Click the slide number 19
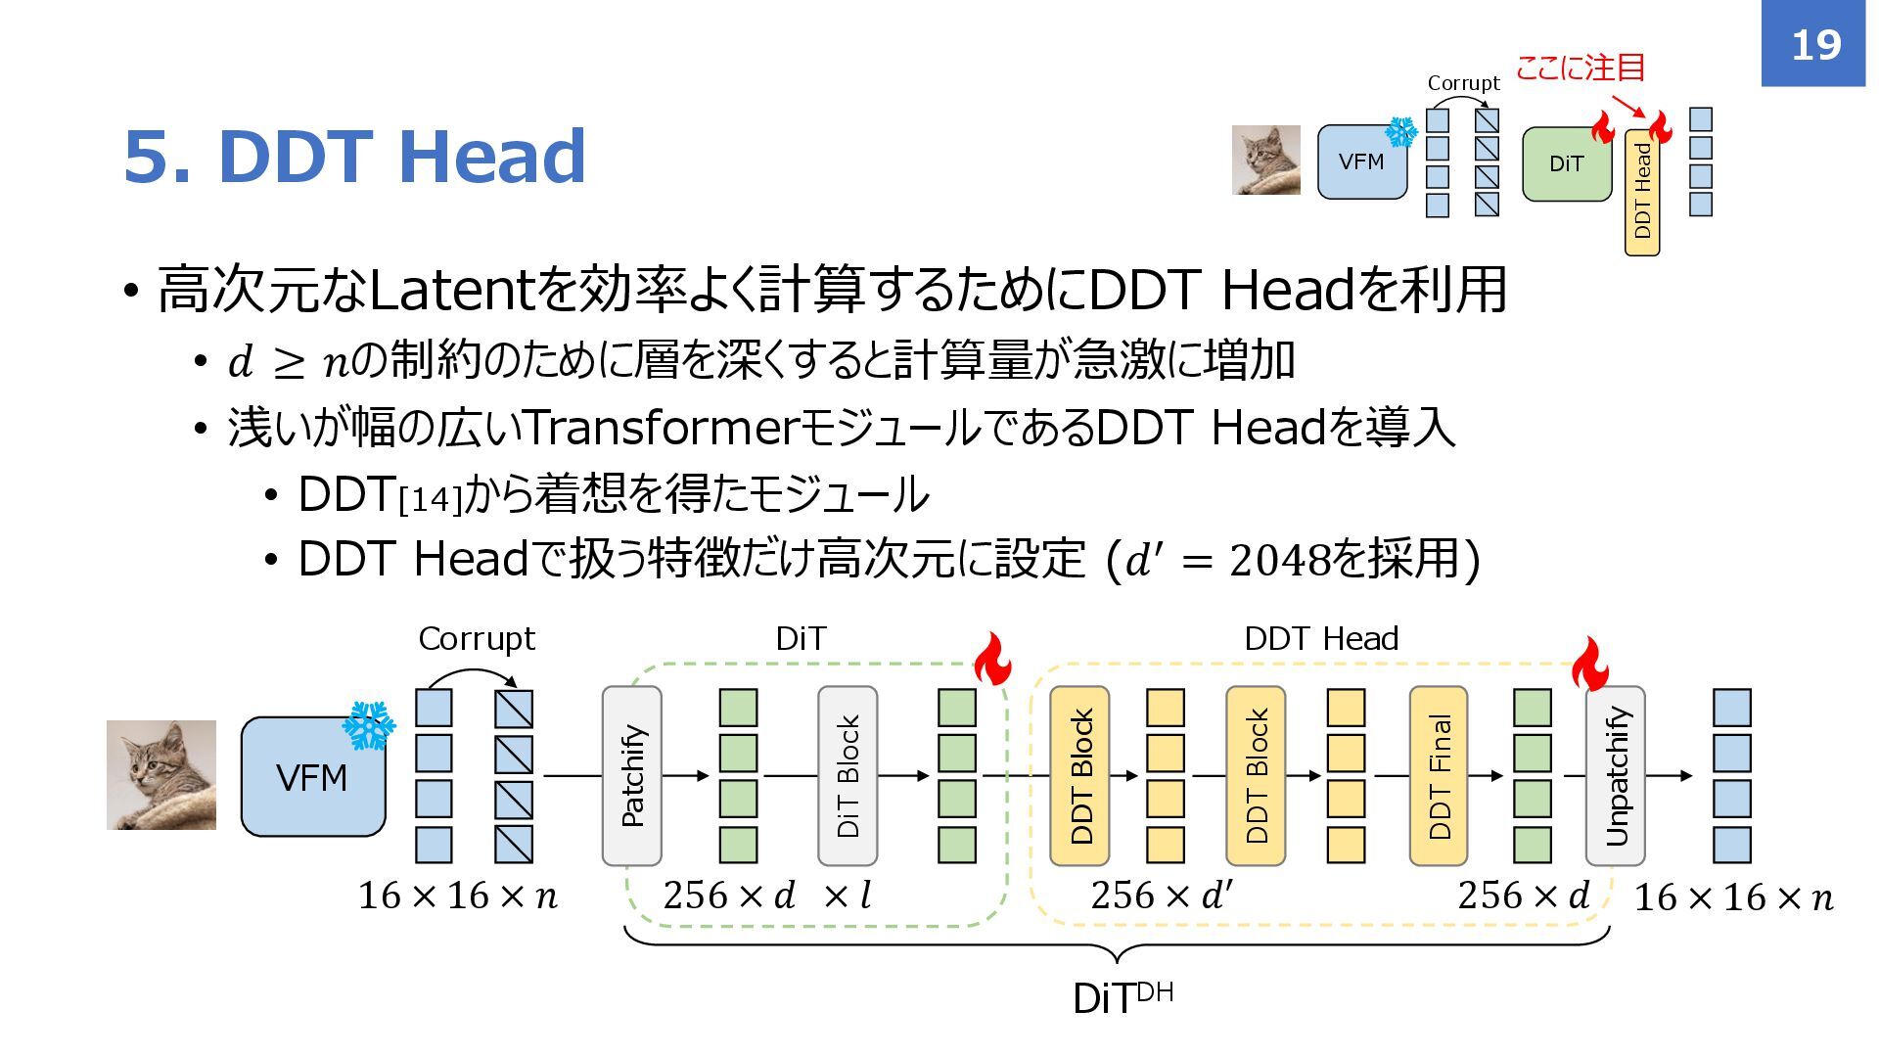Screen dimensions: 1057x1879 [1815, 45]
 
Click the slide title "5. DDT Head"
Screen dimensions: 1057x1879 [354, 157]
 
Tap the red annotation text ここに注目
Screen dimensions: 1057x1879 [1580, 68]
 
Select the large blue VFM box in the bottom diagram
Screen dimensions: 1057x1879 [313, 777]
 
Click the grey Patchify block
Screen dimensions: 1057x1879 [632, 775]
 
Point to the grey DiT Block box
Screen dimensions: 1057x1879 [848, 775]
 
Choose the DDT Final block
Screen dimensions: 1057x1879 [1439, 775]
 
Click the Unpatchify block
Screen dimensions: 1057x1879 [1616, 775]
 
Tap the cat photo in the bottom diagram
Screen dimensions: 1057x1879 [161, 775]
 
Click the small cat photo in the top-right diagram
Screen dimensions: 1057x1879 [1266, 160]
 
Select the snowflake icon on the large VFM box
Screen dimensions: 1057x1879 [368, 725]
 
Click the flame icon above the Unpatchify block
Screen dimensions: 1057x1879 [1590, 665]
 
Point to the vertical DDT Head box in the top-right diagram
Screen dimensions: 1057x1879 [1642, 192]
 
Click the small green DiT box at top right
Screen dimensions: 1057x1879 [1566, 164]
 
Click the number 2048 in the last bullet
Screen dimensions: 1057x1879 [1279, 561]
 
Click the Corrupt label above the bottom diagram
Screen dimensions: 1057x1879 [477, 639]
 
